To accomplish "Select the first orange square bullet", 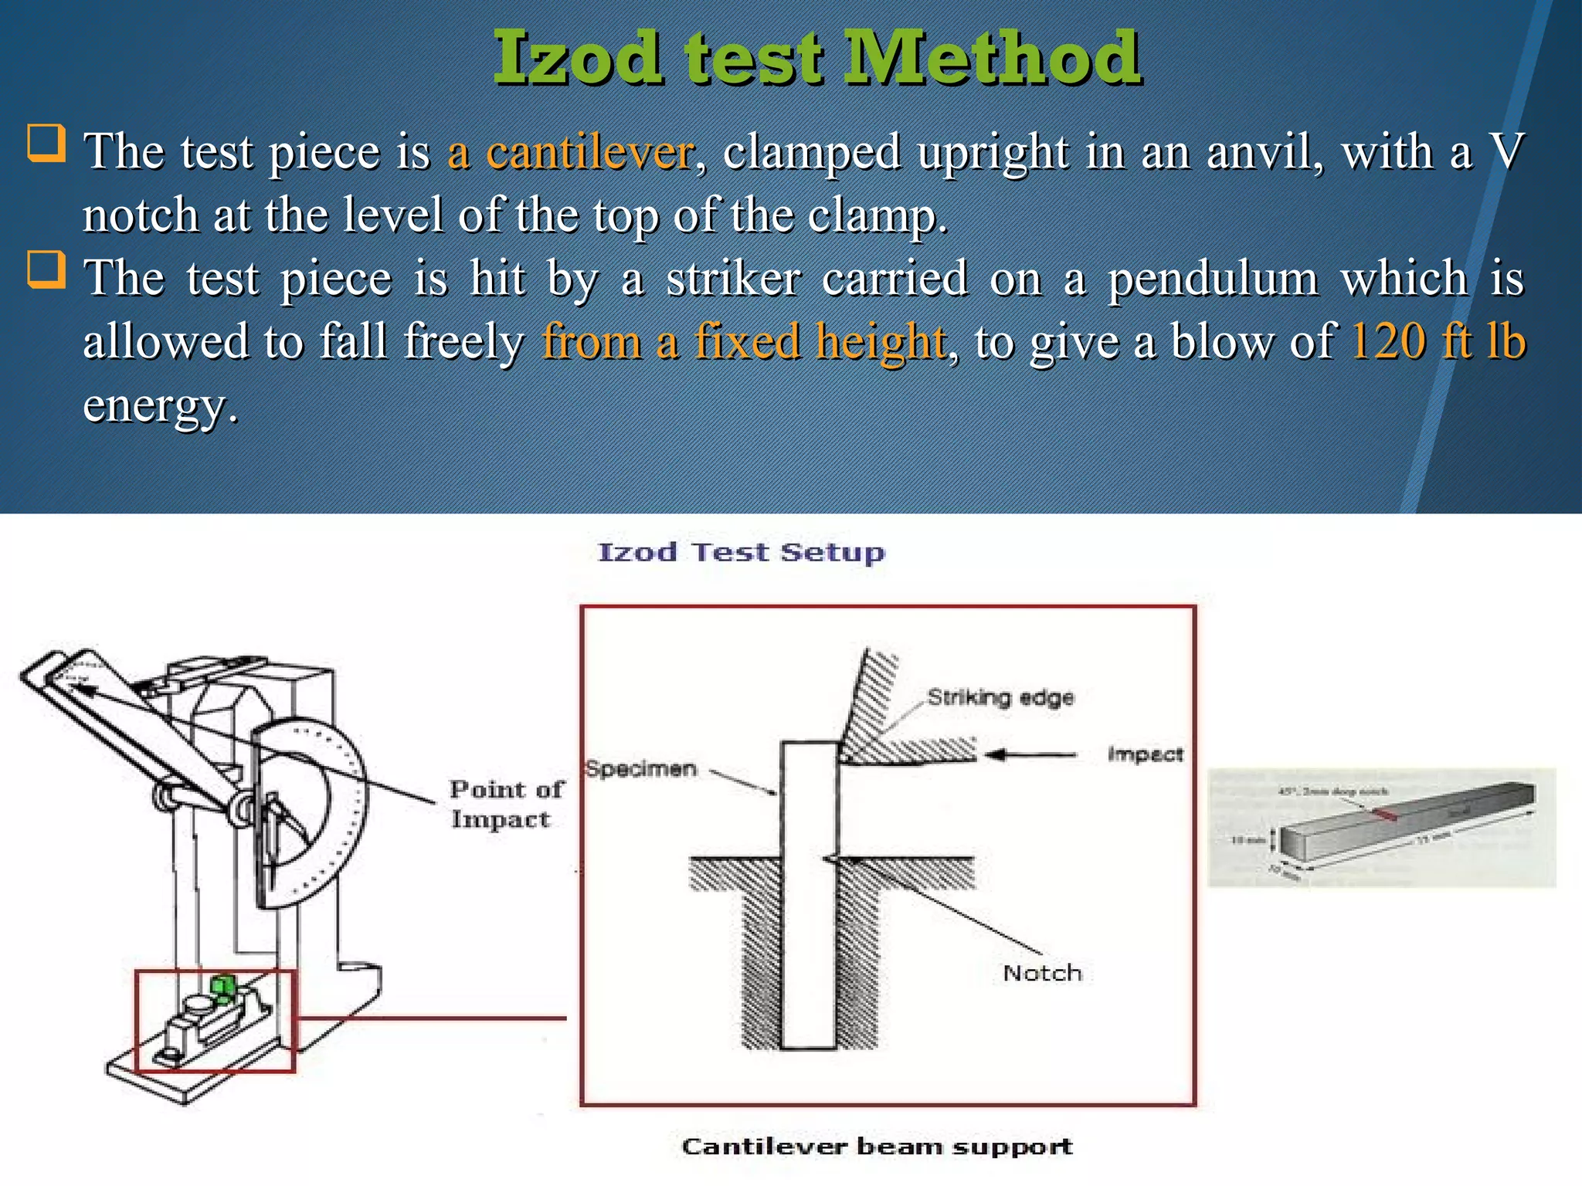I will pyautogui.click(x=46, y=144).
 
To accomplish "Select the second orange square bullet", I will pyautogui.click(x=46, y=269).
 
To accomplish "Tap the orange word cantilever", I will pyautogui.click(x=589, y=152).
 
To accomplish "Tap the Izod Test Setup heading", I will pyautogui.click(x=742, y=553).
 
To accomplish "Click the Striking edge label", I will pyautogui.click(x=1000, y=697).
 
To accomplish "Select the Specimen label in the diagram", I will pyautogui.click(x=641, y=769).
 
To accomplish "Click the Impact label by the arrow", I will pyautogui.click(x=1145, y=754).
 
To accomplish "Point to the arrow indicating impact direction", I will pyautogui.click(x=1031, y=754).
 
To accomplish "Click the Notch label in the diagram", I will pyautogui.click(x=1042, y=973).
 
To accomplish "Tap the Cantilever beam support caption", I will pyautogui.click(x=877, y=1147).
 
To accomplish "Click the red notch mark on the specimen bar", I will pyautogui.click(x=1383, y=813).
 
